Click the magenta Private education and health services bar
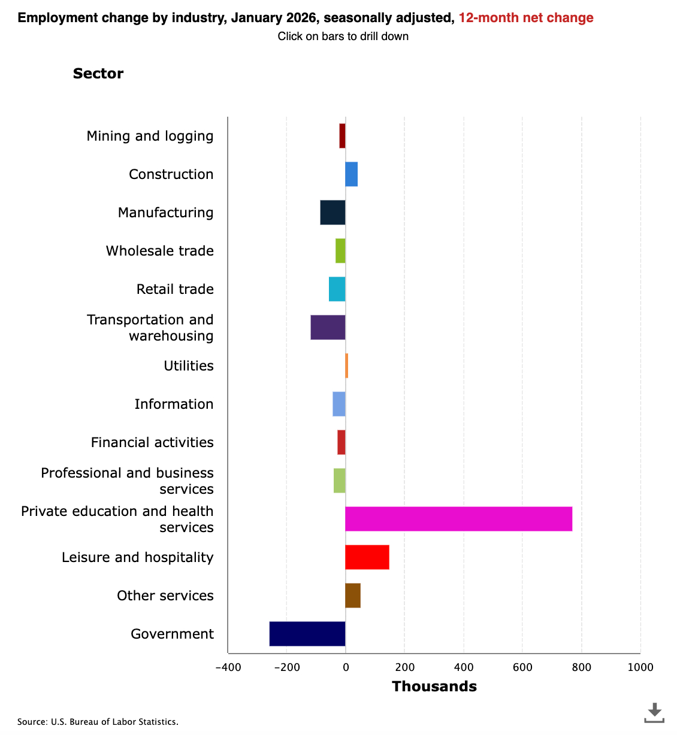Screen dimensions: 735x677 (x=458, y=519)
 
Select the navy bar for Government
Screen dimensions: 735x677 (x=307, y=634)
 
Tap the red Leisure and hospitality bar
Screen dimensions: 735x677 (x=367, y=557)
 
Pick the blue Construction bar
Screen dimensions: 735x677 (x=352, y=174)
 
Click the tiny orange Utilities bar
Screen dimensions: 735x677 (x=347, y=366)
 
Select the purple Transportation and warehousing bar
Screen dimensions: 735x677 (x=328, y=327)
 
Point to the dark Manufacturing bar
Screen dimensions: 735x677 (x=333, y=212)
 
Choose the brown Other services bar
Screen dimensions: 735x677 (x=353, y=596)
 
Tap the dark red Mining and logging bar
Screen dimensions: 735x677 (x=342, y=136)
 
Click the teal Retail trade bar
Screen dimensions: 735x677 (x=337, y=289)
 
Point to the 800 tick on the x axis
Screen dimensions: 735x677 (x=581, y=667)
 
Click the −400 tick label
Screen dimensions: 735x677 (x=228, y=667)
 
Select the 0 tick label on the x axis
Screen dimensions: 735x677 (x=346, y=667)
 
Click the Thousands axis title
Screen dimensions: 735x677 (x=434, y=687)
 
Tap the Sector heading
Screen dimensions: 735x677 (x=98, y=74)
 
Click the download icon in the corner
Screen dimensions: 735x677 (x=654, y=712)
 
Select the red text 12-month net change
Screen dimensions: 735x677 (x=526, y=18)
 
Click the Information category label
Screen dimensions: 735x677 (x=174, y=404)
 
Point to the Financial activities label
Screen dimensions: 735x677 (x=152, y=442)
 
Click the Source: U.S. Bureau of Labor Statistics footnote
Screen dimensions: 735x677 (x=98, y=722)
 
